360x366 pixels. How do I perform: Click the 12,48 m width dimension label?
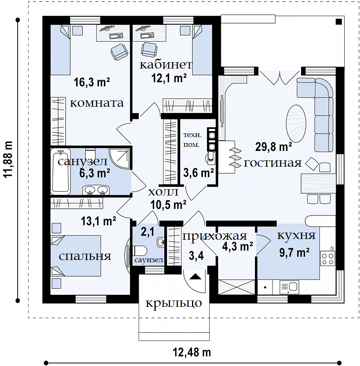(192, 352)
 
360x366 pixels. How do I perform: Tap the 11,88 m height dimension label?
(8, 159)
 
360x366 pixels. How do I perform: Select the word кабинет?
(166, 65)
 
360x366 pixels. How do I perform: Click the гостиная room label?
(273, 163)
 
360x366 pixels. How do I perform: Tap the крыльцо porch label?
(174, 303)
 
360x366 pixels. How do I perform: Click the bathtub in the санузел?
(60, 171)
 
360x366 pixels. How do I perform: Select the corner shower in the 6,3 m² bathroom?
(120, 159)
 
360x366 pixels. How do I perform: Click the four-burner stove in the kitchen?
(328, 258)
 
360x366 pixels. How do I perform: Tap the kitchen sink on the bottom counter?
(289, 287)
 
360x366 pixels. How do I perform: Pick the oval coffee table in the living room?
(296, 123)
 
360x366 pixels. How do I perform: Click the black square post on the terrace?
(339, 22)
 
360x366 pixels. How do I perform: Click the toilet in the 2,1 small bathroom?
(140, 251)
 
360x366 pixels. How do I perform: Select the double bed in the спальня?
(76, 255)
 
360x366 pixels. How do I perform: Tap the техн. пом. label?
(192, 140)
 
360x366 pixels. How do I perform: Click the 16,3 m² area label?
(92, 82)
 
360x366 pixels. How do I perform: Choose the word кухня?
(296, 236)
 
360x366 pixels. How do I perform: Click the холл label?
(163, 192)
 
